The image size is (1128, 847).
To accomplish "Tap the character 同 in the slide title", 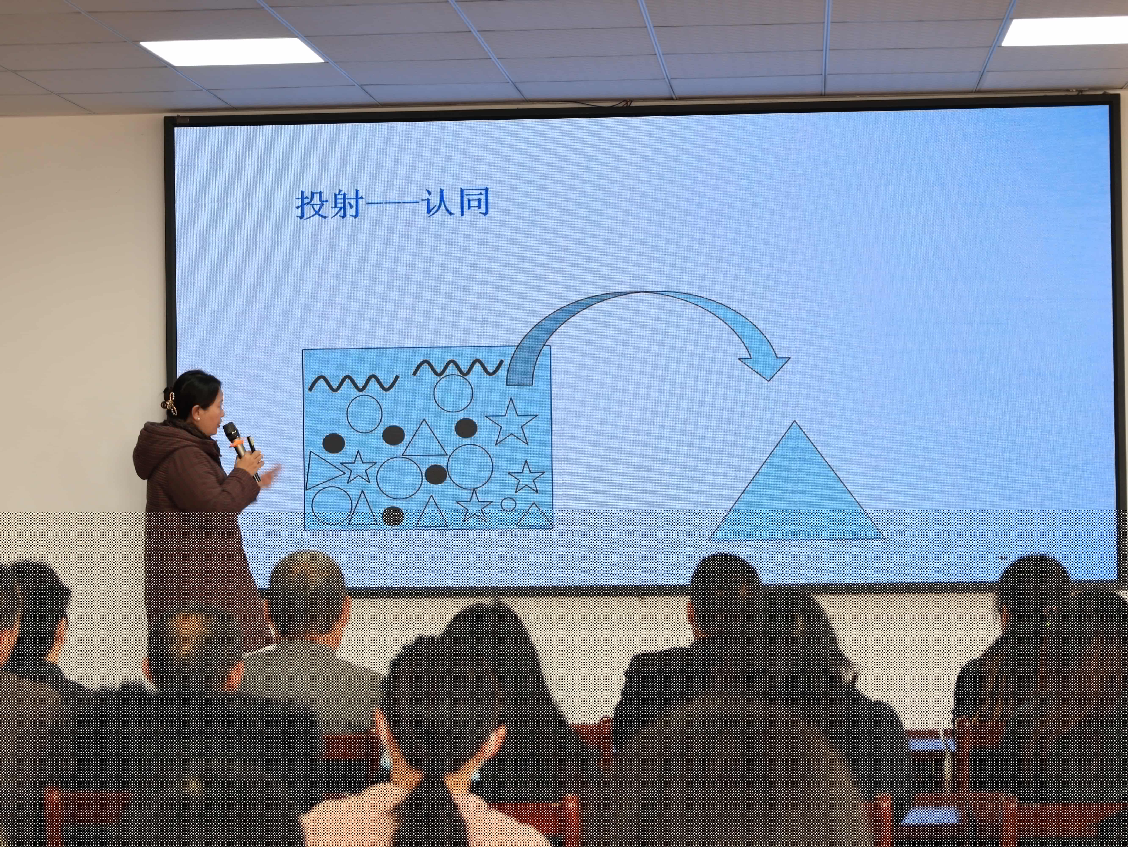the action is pos(474,202).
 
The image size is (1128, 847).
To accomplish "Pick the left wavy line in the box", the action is pos(353,383).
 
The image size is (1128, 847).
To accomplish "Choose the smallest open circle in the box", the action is pos(508,504).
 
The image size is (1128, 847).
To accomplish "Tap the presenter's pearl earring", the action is pos(198,417).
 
